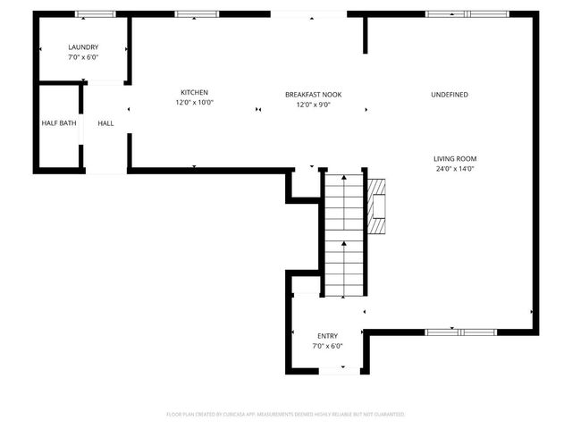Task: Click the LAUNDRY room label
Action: click(x=83, y=46)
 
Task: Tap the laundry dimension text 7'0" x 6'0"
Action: click(x=83, y=56)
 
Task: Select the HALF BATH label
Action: click(x=59, y=122)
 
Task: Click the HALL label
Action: click(x=105, y=122)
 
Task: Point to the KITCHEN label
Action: click(x=194, y=92)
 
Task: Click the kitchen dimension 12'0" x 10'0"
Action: click(x=194, y=102)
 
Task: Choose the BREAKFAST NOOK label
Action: click(x=313, y=94)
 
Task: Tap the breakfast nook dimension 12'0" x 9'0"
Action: click(x=313, y=104)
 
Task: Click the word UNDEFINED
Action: click(x=449, y=94)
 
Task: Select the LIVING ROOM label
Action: click(x=454, y=158)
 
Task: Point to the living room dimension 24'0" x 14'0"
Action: click(x=454, y=168)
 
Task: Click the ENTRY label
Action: click(x=327, y=335)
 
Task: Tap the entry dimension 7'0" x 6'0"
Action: click(x=327, y=345)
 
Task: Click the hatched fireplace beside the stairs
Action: click(x=378, y=205)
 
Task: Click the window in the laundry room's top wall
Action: click(x=95, y=14)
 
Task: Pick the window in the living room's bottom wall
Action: click(x=459, y=332)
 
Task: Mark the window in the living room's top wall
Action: click(x=459, y=14)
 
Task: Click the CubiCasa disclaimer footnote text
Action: click(x=286, y=415)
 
